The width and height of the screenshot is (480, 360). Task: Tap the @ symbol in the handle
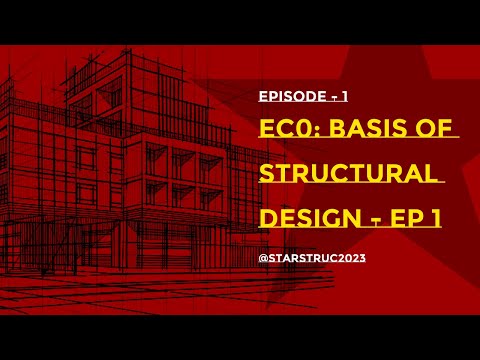262,256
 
